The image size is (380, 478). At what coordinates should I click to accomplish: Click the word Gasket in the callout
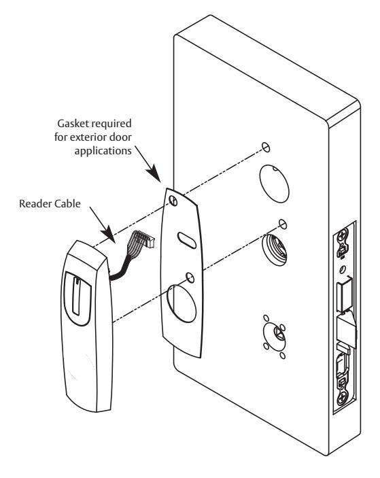[73, 124]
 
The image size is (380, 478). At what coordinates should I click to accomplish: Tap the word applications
[103, 151]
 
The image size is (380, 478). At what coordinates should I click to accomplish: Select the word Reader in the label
[34, 203]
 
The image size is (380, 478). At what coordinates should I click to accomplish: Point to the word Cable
[67, 203]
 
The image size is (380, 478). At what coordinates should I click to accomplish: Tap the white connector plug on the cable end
[150, 242]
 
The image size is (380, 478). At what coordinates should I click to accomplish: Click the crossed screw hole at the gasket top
[173, 201]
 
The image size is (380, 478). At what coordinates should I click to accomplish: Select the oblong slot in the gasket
[186, 241]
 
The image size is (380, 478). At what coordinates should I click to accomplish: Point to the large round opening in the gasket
[182, 303]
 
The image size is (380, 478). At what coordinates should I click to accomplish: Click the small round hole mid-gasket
[190, 278]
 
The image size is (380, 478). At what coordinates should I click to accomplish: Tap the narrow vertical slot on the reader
[77, 296]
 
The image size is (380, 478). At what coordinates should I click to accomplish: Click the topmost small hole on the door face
[266, 147]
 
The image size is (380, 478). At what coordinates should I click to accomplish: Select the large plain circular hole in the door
[274, 184]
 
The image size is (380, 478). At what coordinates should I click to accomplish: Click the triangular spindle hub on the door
[277, 332]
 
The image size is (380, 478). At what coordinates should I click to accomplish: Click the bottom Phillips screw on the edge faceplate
[343, 398]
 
